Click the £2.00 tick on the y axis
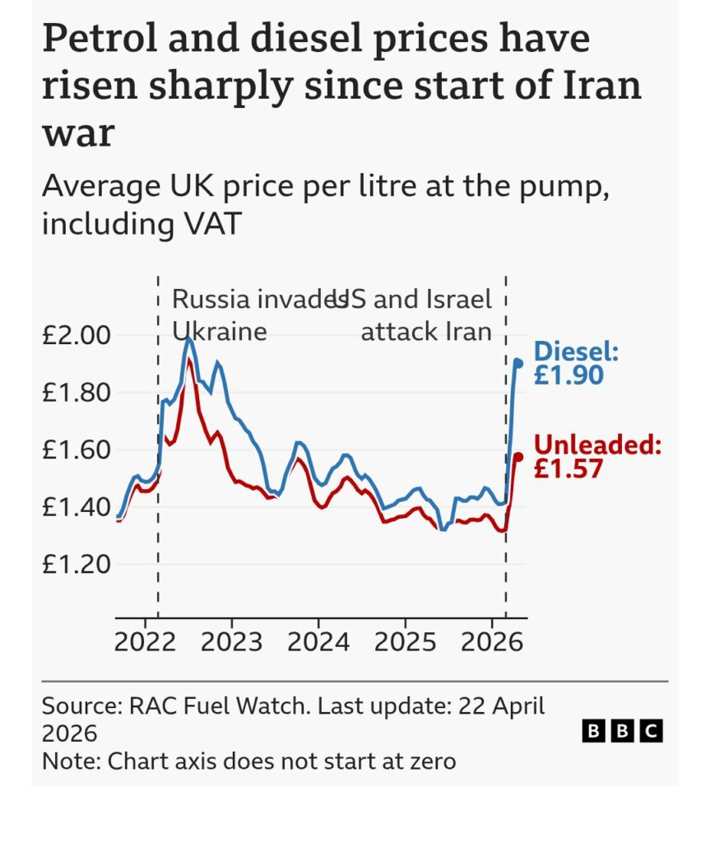coord(75,335)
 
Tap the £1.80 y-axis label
coord(75,392)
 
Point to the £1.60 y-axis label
coord(75,449)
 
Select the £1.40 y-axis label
coord(75,506)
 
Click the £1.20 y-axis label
coord(75,564)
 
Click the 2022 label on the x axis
coord(146,642)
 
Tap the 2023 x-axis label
coord(231,642)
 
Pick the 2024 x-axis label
coord(318,642)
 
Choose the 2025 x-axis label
coord(405,642)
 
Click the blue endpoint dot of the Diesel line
coord(518,362)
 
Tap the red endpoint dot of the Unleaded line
coord(518,456)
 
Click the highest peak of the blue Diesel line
coord(189,338)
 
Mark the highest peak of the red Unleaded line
coord(190,360)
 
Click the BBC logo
coord(622,730)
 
